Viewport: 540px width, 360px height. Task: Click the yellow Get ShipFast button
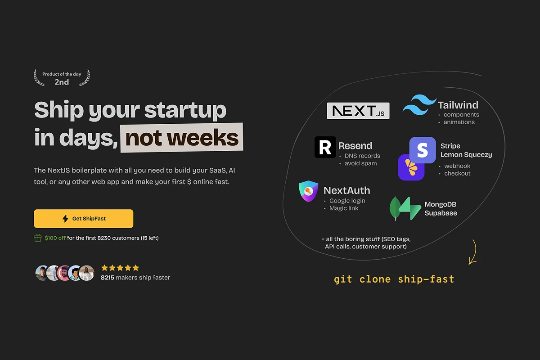(x=83, y=218)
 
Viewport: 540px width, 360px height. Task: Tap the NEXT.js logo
(x=358, y=111)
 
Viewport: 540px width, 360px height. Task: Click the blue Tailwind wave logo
(x=419, y=105)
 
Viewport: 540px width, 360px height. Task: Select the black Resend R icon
(x=325, y=147)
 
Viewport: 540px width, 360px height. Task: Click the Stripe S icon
(x=423, y=150)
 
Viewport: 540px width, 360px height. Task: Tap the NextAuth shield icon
(x=308, y=191)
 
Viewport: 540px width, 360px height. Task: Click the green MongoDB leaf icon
(x=396, y=208)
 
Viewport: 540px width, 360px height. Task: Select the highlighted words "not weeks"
(x=182, y=138)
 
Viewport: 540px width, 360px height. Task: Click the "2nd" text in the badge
(x=62, y=82)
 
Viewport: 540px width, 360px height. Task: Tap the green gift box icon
(x=38, y=238)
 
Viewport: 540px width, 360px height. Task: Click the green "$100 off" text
(x=55, y=238)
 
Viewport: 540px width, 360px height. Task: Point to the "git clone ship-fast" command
(x=394, y=279)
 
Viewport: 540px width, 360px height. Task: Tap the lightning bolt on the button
(x=65, y=218)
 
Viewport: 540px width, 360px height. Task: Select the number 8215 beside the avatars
(x=107, y=278)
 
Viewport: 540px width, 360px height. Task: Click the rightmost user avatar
(x=86, y=273)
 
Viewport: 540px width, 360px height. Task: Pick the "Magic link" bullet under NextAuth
(x=344, y=208)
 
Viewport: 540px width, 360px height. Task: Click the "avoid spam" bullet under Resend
(x=360, y=163)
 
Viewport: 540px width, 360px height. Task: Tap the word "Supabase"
(x=441, y=213)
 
